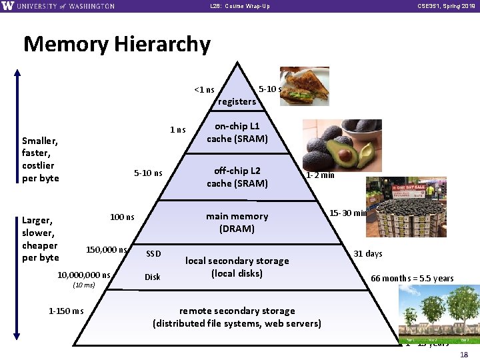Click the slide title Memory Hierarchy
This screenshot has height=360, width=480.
click(117, 44)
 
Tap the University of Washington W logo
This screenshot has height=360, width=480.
click(8, 6)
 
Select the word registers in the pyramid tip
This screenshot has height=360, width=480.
click(237, 101)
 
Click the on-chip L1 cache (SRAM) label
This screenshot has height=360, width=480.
click(237, 133)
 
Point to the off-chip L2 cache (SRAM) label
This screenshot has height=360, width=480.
click(237, 177)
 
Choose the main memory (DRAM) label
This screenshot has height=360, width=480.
click(237, 222)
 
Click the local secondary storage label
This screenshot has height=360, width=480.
click(237, 267)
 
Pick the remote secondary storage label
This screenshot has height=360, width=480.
click(237, 317)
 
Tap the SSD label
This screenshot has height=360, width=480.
click(153, 254)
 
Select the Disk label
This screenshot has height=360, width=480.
click(153, 277)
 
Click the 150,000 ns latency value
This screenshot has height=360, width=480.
click(107, 250)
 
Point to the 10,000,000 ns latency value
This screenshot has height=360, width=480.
click(84, 275)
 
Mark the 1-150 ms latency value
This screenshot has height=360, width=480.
click(67, 311)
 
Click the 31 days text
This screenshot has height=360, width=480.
click(368, 253)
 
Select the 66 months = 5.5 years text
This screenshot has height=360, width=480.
click(412, 278)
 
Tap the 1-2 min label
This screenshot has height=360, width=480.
click(320, 175)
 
